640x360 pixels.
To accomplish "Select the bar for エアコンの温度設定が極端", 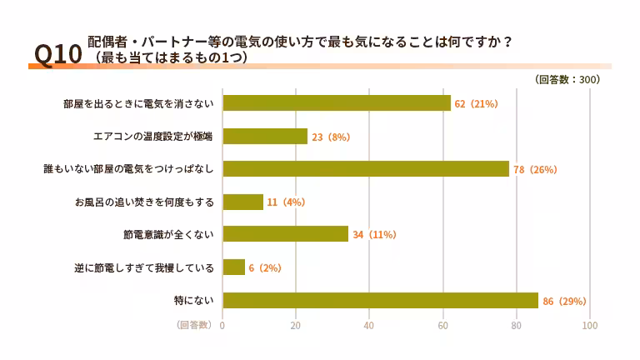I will [266, 136].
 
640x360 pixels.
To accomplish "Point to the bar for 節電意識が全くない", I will [286, 234].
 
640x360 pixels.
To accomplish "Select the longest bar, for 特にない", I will [381, 300].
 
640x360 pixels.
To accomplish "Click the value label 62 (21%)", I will [476, 104].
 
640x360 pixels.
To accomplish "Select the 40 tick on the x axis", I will [369, 326].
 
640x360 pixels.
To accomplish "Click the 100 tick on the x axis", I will [590, 326].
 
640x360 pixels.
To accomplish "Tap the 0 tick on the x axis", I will [222, 326].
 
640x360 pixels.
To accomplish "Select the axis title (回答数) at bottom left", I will [193, 325].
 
